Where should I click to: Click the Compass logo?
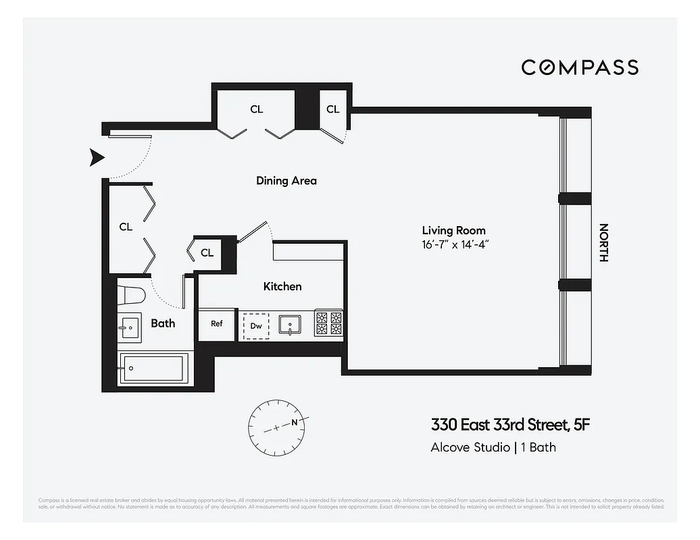(579, 67)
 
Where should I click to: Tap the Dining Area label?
(286, 181)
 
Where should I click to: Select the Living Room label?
(453, 230)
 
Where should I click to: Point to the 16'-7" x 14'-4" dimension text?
(453, 244)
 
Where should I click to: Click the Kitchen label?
(282, 286)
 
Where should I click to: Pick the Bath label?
(163, 323)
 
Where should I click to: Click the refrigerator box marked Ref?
(217, 324)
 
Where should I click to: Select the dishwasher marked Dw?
(256, 325)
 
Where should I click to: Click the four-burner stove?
(329, 323)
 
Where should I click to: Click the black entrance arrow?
(98, 158)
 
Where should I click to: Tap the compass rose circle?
(277, 425)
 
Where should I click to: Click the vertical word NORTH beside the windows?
(603, 243)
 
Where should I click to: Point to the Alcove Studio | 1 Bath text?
(493, 447)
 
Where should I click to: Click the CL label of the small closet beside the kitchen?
(207, 253)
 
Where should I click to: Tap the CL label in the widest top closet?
(257, 109)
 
